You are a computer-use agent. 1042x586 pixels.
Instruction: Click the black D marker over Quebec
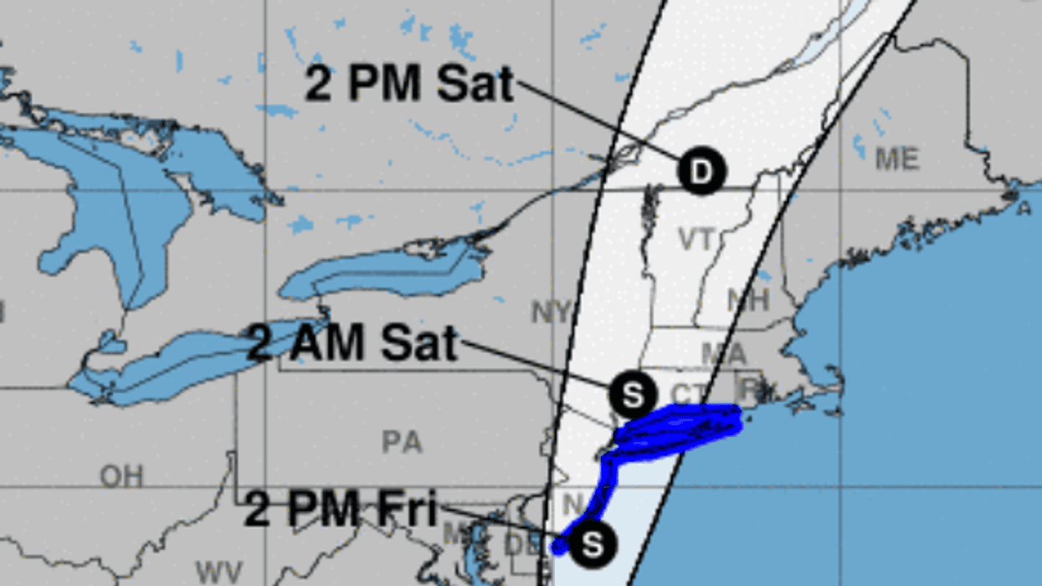click(701, 172)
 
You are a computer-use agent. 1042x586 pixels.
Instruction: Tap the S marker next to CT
click(634, 394)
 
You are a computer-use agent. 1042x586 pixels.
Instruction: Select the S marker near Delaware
click(593, 544)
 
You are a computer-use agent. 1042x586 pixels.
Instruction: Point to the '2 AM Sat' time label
click(352, 343)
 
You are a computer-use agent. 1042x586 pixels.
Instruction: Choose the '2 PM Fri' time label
click(341, 510)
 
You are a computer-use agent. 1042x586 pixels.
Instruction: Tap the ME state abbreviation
click(897, 158)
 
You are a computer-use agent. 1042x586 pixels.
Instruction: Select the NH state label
click(747, 300)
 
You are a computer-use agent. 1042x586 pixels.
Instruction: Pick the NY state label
click(551, 313)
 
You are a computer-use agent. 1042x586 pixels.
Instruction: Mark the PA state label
click(402, 442)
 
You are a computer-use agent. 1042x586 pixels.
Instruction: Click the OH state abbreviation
click(121, 476)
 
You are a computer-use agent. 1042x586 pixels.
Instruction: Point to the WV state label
click(219, 573)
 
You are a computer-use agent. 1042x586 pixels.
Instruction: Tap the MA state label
click(723, 353)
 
